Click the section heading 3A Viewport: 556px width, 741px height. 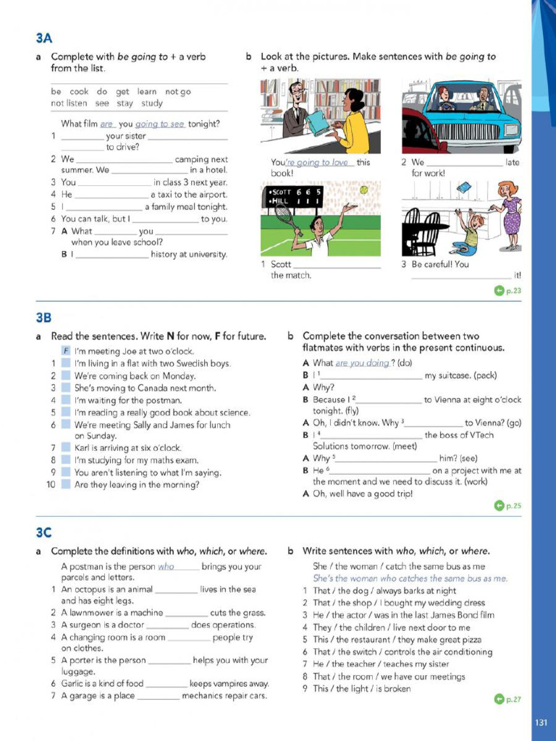(x=43, y=38)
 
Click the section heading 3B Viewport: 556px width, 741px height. (x=43, y=318)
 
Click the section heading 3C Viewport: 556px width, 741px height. (x=43, y=533)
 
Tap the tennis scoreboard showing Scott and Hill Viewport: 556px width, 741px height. (x=295, y=196)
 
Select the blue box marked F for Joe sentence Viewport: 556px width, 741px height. (x=66, y=351)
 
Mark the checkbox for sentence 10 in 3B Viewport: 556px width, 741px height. (x=66, y=485)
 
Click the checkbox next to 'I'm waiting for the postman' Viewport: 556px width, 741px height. (x=66, y=400)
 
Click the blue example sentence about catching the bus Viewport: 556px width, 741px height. (x=410, y=579)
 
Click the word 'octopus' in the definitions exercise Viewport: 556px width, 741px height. (x=97, y=590)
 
